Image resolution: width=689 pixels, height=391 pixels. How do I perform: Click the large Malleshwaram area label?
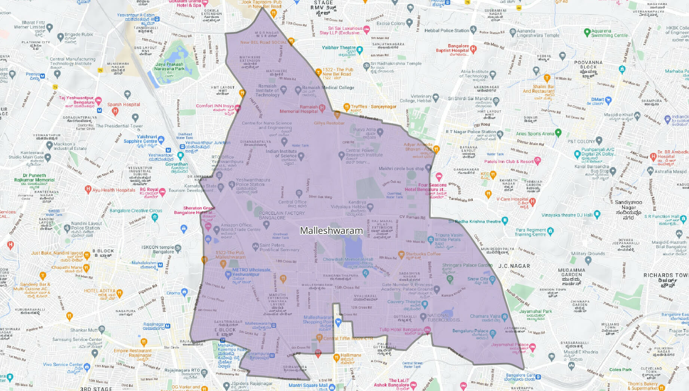click(x=331, y=231)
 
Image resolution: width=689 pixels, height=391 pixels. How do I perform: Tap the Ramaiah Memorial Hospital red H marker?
click(x=322, y=107)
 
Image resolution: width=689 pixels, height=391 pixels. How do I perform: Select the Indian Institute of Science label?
click(x=281, y=154)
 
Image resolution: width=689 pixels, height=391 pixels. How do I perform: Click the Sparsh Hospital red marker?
click(x=115, y=111)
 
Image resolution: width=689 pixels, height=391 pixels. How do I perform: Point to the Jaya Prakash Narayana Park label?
click(x=169, y=67)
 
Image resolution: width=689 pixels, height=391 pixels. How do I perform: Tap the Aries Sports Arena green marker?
click(x=558, y=132)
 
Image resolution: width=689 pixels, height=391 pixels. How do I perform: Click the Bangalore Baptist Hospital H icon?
click(x=473, y=49)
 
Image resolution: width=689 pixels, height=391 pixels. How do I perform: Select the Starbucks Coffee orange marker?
click(x=401, y=254)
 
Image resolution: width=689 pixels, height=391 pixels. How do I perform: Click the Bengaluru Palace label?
click(x=470, y=331)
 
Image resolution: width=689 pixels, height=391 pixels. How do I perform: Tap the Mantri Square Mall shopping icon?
click(x=332, y=387)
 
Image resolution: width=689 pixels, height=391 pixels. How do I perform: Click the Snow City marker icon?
click(x=493, y=279)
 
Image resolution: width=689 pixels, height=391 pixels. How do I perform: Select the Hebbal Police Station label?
click(x=446, y=31)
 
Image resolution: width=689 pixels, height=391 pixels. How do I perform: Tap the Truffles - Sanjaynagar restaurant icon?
click(x=347, y=107)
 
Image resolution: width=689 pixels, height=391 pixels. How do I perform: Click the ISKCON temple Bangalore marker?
click(x=178, y=248)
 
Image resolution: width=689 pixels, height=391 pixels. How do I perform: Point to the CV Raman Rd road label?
click(x=412, y=217)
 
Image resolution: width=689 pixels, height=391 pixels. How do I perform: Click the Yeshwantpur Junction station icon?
click(x=180, y=155)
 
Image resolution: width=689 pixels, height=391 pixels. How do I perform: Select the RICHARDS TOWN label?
click(x=666, y=275)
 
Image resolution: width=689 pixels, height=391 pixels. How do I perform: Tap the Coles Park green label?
click(x=620, y=370)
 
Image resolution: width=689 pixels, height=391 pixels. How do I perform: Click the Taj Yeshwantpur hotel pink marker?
click(x=98, y=100)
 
